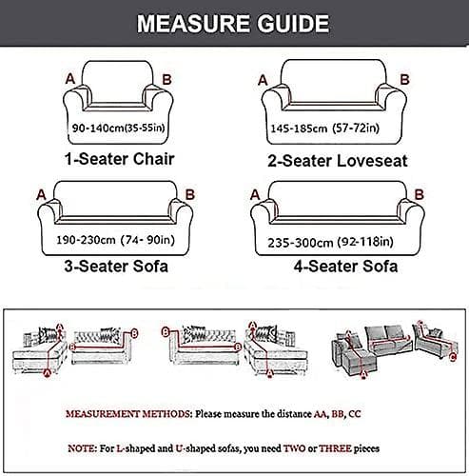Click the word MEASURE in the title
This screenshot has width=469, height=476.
click(x=193, y=24)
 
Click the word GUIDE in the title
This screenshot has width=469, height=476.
click(x=293, y=24)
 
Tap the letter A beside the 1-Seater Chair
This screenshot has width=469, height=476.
click(x=70, y=79)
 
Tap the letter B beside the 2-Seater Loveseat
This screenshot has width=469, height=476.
click(x=404, y=79)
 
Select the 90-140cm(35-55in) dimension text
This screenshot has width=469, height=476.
click(x=119, y=128)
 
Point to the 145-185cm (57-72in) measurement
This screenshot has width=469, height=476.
click(x=325, y=129)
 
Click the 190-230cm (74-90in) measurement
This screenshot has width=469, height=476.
click(x=116, y=240)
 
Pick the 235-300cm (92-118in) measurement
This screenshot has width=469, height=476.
click(x=330, y=243)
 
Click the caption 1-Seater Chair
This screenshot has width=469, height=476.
click(x=120, y=159)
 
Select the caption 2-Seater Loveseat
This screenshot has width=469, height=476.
click(x=338, y=161)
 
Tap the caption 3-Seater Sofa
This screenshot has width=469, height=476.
click(x=116, y=267)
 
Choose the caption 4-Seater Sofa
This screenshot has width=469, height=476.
click(x=345, y=267)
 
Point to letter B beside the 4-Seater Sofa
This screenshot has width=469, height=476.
click(x=420, y=194)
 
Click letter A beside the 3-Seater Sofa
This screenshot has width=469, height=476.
click(x=41, y=195)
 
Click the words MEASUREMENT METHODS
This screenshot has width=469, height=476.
click(x=127, y=414)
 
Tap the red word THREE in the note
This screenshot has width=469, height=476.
click(x=335, y=448)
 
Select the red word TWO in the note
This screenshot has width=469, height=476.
click(x=295, y=448)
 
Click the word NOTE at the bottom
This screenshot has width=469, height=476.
click(x=81, y=448)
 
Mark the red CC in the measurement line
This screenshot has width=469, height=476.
click(x=355, y=414)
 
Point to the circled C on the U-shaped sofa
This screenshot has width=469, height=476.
click(x=453, y=357)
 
